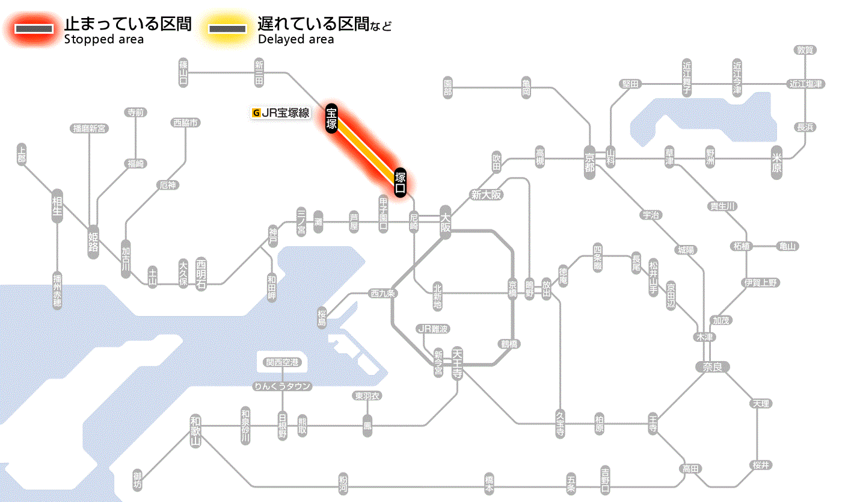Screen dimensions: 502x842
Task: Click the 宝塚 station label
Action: coord(331,118)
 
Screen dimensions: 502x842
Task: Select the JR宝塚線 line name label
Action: coord(281,113)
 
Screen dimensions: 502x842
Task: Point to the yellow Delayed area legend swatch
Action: coord(227,29)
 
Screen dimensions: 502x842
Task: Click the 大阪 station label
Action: coord(445,223)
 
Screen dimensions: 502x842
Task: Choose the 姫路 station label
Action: coord(93,242)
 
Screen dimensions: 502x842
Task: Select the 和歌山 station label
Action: coord(195,430)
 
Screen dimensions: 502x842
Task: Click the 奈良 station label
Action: coord(711,366)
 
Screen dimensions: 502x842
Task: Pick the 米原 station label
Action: coord(778,163)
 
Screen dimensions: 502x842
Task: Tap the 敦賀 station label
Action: coord(805,51)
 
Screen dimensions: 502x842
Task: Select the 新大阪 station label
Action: coord(486,195)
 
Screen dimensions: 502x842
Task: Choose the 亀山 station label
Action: coord(788,246)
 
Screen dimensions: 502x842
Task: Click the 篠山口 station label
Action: coord(183,73)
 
